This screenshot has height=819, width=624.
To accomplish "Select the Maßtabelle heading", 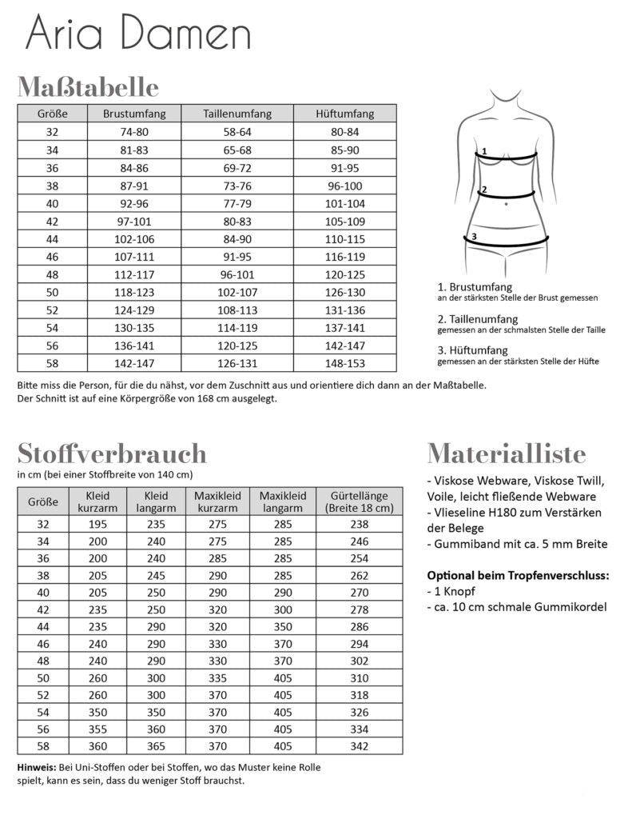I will [88, 86].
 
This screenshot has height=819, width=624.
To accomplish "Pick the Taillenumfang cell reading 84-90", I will [237, 239].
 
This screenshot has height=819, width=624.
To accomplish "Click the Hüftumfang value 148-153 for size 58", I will [344, 364].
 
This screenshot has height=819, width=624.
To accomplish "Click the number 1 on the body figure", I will [484, 150].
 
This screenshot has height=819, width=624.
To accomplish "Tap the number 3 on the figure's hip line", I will [474, 237].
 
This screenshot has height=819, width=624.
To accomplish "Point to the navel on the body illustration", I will [507, 204].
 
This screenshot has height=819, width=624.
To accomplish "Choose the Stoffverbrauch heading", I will [111, 453].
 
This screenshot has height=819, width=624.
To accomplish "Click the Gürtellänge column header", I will [360, 501].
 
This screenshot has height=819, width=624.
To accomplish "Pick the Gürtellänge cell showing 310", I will [360, 679].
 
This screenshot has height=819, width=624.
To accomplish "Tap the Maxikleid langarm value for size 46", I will [283, 644].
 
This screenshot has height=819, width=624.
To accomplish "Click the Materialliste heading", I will [506, 453].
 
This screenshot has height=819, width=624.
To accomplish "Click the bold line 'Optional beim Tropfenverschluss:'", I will [518, 575].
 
